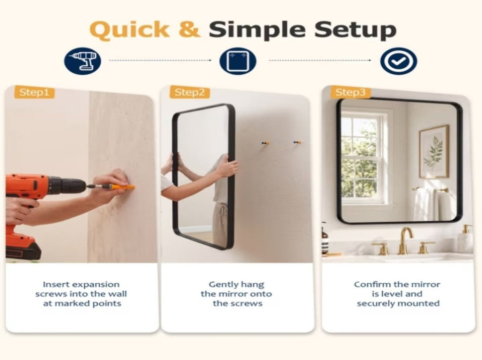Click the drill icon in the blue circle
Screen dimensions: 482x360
point(82,61)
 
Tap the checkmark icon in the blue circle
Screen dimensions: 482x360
point(398,61)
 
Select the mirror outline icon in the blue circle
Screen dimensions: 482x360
point(238,61)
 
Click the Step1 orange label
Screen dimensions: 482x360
point(34,92)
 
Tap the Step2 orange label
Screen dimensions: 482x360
point(189,92)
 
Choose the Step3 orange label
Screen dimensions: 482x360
point(350,92)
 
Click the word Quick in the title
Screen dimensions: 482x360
point(129,30)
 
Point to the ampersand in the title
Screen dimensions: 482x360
point(189,30)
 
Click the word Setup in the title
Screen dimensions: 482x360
point(355,30)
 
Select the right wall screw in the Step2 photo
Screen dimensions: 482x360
point(297,142)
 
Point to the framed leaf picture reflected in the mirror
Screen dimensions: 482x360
point(434,152)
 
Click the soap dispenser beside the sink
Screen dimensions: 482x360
point(466,239)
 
